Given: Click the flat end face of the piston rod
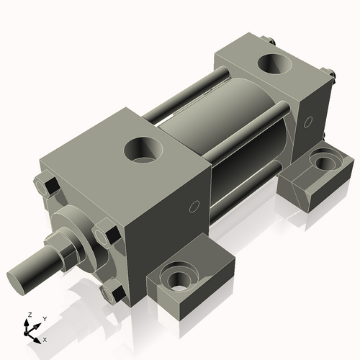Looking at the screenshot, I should (17, 279).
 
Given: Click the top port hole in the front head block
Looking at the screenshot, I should (144, 150).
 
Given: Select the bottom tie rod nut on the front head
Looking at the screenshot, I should (112, 292).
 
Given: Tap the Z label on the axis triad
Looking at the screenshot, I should (29, 315).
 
